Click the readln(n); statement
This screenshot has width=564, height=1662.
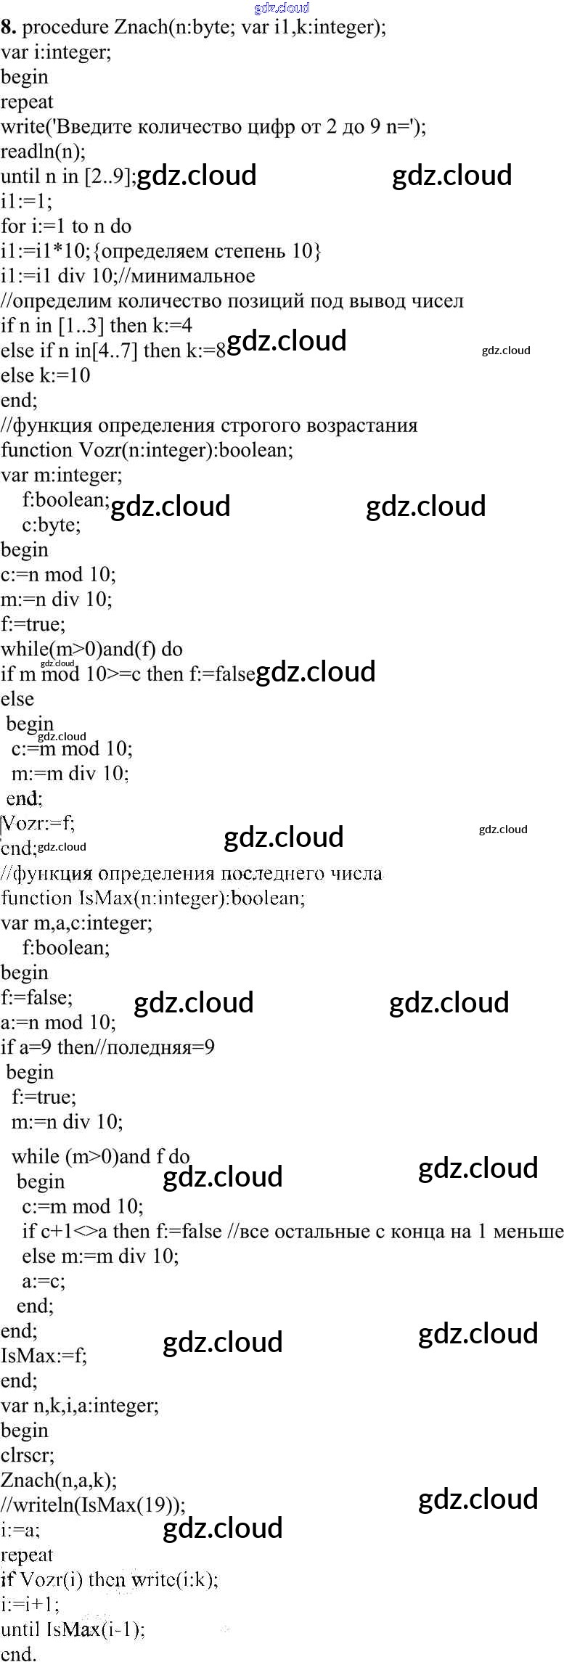[x=43, y=151]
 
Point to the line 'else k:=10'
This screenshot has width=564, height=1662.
[x=45, y=375]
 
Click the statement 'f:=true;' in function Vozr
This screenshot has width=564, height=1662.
[x=33, y=624]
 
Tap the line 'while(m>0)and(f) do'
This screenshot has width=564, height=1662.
[x=91, y=649]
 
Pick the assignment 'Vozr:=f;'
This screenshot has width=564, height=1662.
[x=38, y=823]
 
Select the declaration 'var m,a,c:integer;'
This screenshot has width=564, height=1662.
[x=76, y=923]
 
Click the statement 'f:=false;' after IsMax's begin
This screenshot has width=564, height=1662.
[x=36, y=997]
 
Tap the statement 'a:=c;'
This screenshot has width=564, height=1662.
[x=44, y=1281]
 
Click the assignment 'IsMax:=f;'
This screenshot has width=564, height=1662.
[x=44, y=1355]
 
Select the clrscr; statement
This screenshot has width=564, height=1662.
[x=28, y=1454]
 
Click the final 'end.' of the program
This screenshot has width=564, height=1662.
[x=18, y=1653]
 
